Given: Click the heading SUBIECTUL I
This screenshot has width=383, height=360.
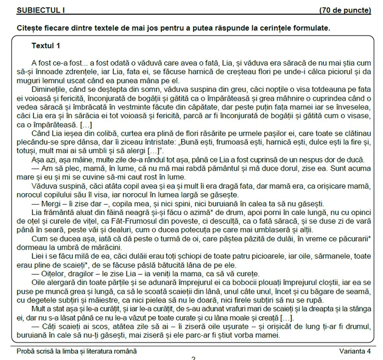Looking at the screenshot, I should pos(41,10).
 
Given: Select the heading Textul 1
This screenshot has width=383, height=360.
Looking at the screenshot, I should pos(46,45).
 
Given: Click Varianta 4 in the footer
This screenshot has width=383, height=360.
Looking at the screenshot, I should pos(354,351).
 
